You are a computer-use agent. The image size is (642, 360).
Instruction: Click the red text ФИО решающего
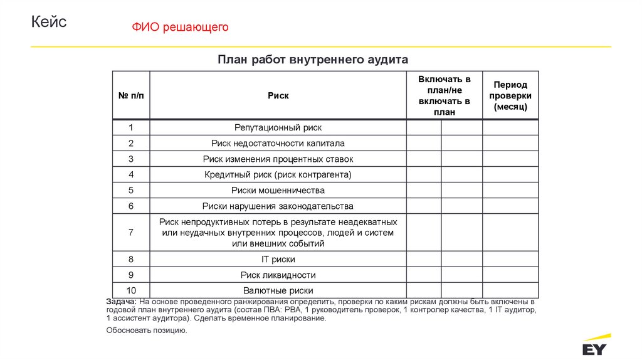tap(180, 27)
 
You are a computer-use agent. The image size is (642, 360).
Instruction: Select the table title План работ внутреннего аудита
tap(313, 60)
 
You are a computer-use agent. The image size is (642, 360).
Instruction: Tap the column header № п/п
tap(131, 95)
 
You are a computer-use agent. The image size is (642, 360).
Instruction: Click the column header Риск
tap(278, 95)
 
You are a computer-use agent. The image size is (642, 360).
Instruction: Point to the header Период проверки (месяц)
tap(510, 95)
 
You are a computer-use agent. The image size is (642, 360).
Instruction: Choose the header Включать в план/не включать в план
tap(444, 95)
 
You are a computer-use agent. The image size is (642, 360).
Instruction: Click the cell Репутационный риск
tap(278, 127)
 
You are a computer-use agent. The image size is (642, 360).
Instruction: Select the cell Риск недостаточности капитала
tap(278, 143)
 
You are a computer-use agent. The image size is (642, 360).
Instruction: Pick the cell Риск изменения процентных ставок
tap(278, 159)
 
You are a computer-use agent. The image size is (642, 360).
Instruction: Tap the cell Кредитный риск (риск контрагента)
tap(278, 174)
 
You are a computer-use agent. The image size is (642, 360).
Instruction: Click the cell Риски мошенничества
tap(278, 190)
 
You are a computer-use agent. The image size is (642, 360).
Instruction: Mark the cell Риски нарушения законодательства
tap(278, 206)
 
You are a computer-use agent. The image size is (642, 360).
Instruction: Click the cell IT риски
tap(278, 259)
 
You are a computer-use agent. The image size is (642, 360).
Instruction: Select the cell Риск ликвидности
tap(278, 275)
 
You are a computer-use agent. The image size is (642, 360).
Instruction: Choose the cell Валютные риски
tap(278, 290)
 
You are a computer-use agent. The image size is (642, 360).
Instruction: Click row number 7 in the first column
tap(131, 232)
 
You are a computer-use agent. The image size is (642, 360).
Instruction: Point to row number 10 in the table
tap(131, 290)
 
